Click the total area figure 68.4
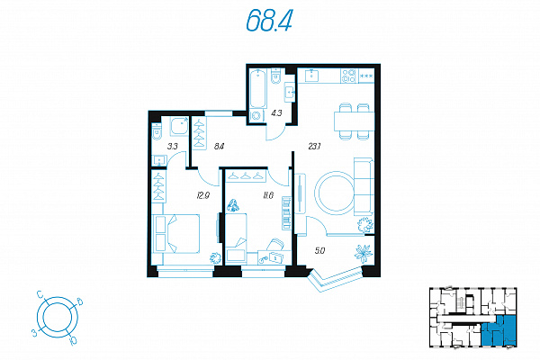[x=269, y=20]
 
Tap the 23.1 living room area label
[x=314, y=147]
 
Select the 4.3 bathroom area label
[x=276, y=112]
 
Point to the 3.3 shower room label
[x=172, y=146]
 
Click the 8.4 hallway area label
[x=219, y=146]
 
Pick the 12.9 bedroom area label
[x=202, y=195]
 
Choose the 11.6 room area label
[x=268, y=195]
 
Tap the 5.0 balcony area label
[x=319, y=251]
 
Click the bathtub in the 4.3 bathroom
[x=258, y=89]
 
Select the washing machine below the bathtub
[x=256, y=115]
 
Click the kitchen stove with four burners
[x=349, y=76]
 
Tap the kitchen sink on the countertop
[x=311, y=75]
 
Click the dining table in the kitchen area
[x=354, y=121]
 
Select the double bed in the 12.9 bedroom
[x=176, y=234]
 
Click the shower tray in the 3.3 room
[x=179, y=126]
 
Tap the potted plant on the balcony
[x=364, y=254]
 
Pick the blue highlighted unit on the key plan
[x=499, y=330]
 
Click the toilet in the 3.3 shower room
[x=157, y=131]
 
